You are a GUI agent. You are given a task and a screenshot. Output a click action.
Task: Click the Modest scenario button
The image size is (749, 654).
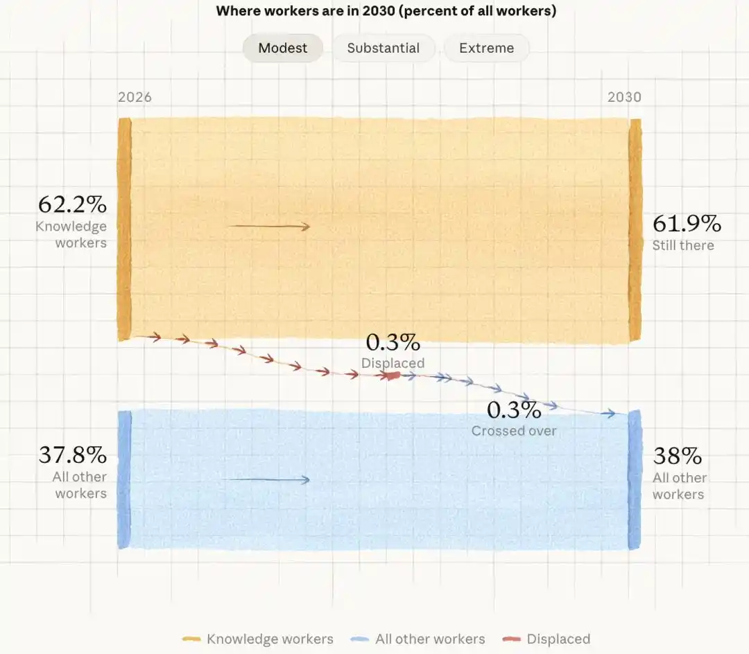point(283,48)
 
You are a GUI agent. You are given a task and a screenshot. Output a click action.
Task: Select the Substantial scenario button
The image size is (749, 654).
point(384,48)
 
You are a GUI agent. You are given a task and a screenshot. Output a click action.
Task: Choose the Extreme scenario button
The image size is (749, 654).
point(486,48)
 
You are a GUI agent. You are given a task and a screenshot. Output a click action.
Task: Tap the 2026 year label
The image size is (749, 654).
point(135,97)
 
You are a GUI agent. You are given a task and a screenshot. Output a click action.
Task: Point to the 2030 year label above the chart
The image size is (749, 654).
point(624,97)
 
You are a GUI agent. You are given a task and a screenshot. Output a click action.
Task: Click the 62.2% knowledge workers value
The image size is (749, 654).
point(73,204)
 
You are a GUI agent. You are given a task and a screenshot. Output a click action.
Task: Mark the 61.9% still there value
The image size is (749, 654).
point(687,224)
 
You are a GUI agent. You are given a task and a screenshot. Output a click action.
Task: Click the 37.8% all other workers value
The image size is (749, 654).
point(73,455)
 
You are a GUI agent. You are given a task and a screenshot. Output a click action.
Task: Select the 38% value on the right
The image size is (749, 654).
point(678,456)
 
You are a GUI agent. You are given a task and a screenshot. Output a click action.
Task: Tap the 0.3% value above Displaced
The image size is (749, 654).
point(393,342)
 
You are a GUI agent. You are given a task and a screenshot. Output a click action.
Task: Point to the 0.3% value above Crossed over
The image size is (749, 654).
point(514,409)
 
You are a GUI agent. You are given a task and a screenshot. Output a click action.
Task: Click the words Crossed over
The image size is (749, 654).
point(514,431)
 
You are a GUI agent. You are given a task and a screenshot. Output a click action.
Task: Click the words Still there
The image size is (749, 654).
point(683,245)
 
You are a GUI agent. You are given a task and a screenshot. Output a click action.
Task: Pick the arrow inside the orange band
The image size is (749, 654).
point(269,227)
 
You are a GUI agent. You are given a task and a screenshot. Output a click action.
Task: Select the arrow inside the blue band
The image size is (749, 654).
point(269,479)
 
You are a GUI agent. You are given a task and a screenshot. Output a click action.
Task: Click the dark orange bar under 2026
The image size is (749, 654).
point(124,229)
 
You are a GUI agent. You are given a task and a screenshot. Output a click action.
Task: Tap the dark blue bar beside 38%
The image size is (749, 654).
point(635,479)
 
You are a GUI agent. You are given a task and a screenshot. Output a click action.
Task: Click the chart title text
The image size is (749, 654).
point(386,10)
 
